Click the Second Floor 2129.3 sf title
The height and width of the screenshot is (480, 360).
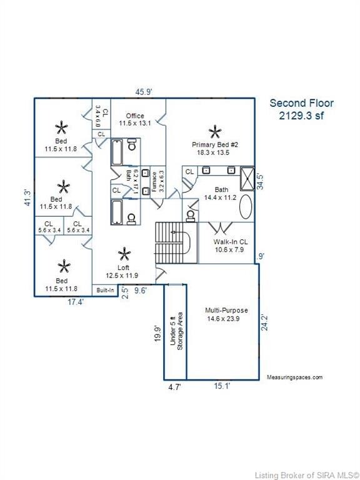pyautogui.click(x=301, y=109)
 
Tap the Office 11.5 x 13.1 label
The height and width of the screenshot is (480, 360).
pyautogui.click(x=136, y=120)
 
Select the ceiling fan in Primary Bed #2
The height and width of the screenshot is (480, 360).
pyautogui.click(x=215, y=131)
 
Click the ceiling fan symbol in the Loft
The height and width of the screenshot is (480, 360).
pyautogui.click(x=124, y=254)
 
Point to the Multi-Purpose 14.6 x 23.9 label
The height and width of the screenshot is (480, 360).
pyautogui.click(x=227, y=314)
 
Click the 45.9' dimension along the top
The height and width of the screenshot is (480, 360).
pyautogui.click(x=144, y=92)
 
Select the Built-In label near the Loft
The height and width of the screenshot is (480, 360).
pyautogui.click(x=104, y=290)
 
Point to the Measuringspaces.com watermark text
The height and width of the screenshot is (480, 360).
pyautogui.click(x=294, y=377)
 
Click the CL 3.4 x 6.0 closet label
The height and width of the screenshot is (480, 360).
pyautogui.click(x=101, y=117)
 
